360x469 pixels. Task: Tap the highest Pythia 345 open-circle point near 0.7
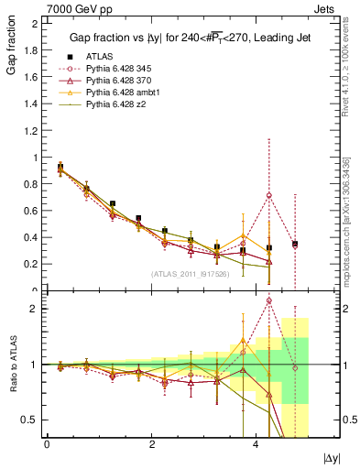[268, 195]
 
